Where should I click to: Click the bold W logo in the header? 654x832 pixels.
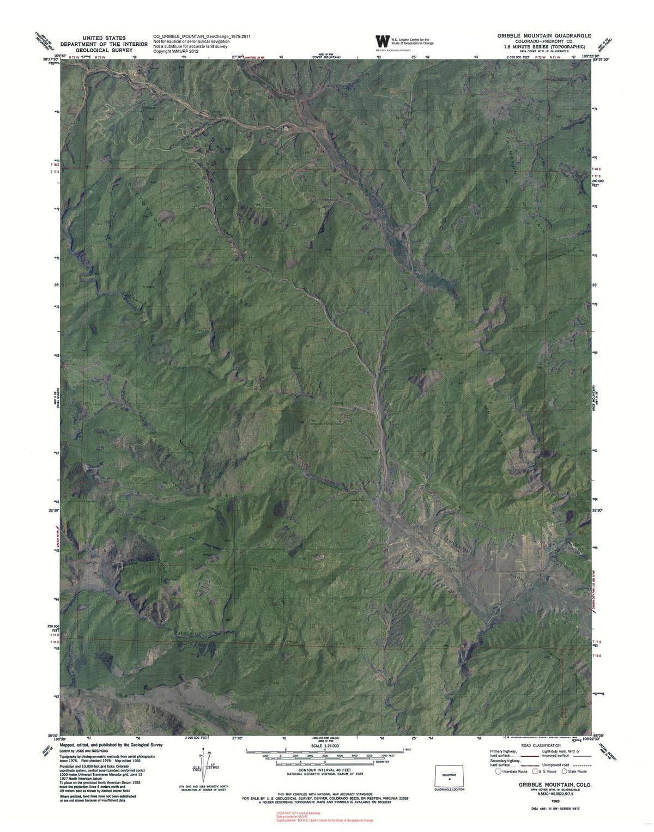(383, 42)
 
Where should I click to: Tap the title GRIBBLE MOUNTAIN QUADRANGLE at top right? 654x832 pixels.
(543, 35)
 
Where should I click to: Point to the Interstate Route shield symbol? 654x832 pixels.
(498, 772)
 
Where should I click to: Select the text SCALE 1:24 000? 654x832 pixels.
(324, 745)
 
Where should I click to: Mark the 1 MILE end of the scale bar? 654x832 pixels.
(403, 751)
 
